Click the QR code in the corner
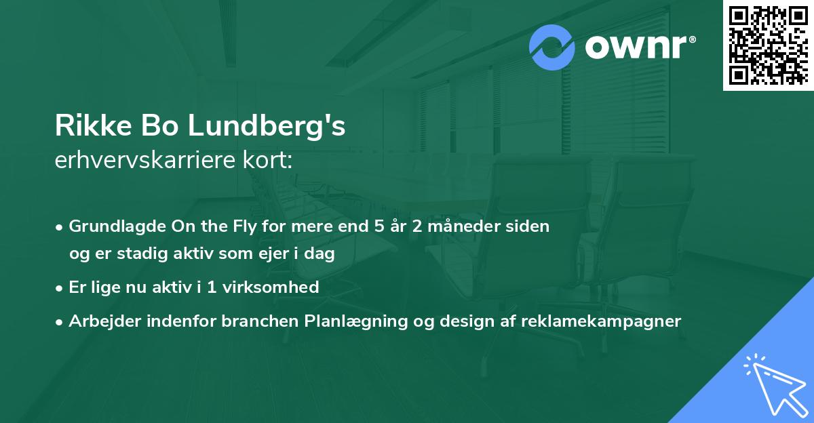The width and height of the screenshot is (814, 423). coord(768,45)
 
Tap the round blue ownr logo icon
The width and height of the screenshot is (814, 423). coord(552,47)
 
